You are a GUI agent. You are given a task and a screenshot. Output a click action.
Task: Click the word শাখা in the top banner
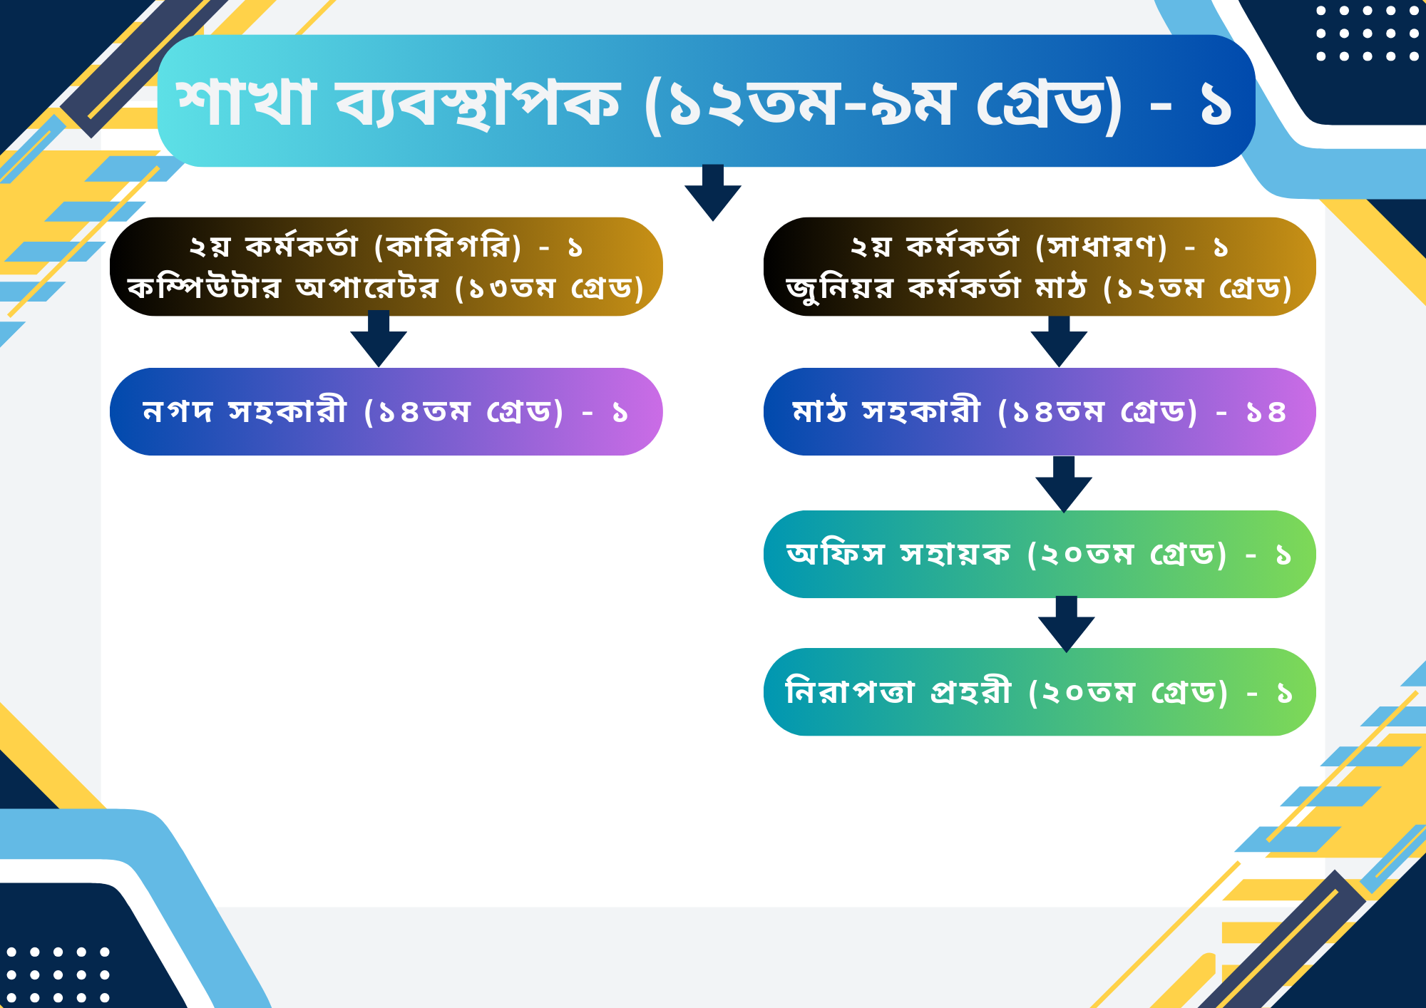(x=246, y=102)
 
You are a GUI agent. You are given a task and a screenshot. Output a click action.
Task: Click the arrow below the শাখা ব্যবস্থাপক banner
(x=713, y=192)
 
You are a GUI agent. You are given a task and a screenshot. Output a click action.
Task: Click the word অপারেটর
(x=367, y=288)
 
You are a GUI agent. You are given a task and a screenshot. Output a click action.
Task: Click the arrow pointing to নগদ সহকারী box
(x=379, y=339)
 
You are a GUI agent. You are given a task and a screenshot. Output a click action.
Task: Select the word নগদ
(x=178, y=411)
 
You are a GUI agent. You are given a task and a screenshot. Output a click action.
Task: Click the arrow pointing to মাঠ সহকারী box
(x=1059, y=341)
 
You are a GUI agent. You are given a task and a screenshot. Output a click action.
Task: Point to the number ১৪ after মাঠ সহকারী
(x=1266, y=412)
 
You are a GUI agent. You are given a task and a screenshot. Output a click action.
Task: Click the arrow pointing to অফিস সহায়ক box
(x=1064, y=485)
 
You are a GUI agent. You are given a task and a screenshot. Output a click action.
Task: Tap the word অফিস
(x=836, y=553)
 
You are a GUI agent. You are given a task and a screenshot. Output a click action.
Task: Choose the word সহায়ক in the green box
(x=955, y=554)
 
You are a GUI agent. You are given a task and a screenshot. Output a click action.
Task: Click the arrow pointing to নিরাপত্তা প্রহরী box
(x=1067, y=624)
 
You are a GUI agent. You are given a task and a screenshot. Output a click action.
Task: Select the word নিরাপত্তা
(x=849, y=691)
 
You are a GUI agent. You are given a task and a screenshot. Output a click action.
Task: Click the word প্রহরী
(x=971, y=691)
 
